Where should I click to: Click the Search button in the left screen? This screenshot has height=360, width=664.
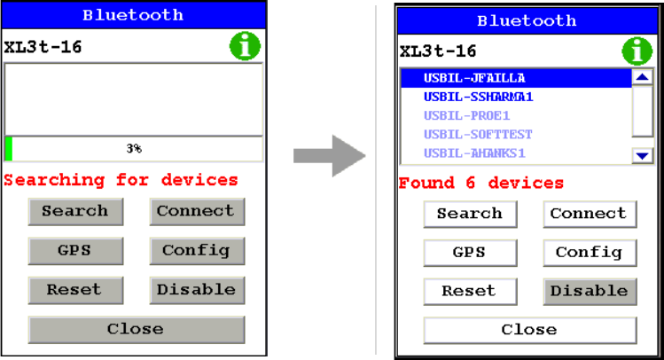pos(74,212)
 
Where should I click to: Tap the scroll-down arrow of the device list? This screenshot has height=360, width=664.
pos(644,155)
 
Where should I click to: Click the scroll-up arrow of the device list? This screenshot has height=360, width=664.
pos(644,78)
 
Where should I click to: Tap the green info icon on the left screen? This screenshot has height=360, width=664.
pos(246,47)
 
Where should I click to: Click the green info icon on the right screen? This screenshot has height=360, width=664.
pos(637,51)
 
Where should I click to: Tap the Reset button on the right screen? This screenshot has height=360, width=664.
pos(469,291)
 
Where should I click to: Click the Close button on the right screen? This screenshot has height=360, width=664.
pos(529,330)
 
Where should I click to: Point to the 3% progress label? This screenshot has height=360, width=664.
pos(134,149)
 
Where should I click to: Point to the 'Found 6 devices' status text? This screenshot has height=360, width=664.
pos(481,184)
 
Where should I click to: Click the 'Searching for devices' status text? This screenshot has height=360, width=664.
pos(121,180)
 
